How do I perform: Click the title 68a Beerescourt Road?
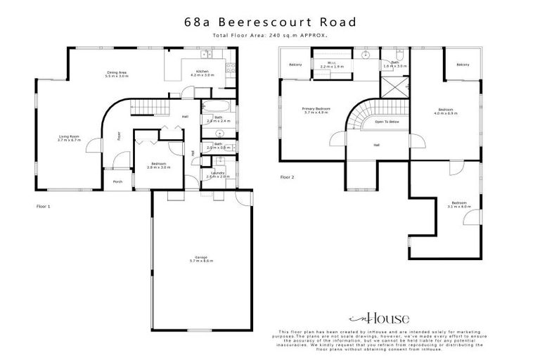tap(270, 22)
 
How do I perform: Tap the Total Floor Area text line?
tap(270, 34)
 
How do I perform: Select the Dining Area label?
tap(116, 73)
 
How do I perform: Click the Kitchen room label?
tap(202, 73)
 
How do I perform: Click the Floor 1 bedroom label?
tap(156, 165)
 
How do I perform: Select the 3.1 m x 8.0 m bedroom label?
tap(458, 205)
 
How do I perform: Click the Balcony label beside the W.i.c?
tap(295, 65)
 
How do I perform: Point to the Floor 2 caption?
tap(288, 177)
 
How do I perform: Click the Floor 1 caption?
tap(44, 207)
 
